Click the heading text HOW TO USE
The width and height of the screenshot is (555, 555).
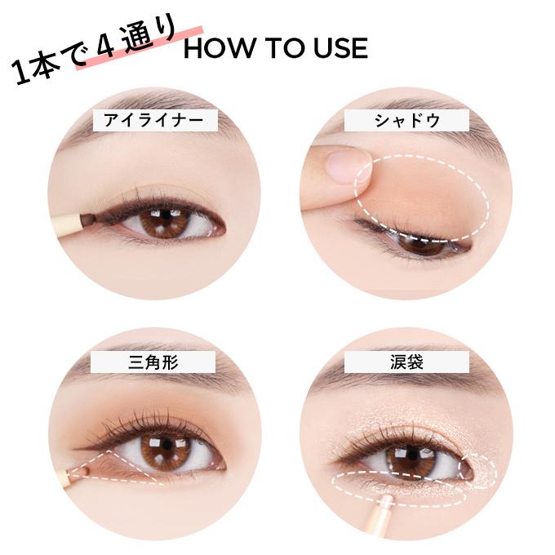[275, 48]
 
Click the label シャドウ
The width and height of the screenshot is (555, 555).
[406, 121]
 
